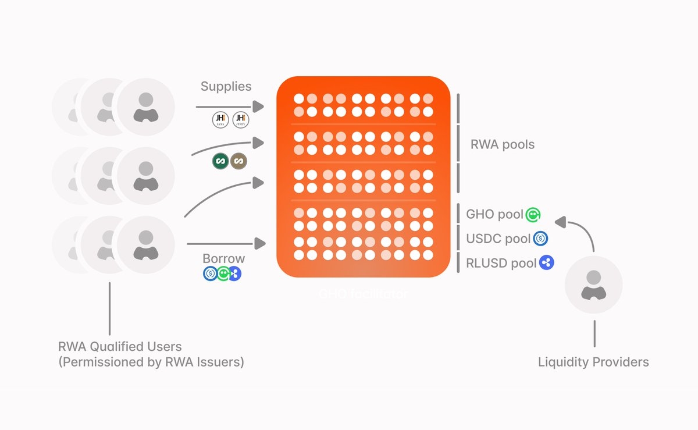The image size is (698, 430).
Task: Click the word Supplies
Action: (226, 87)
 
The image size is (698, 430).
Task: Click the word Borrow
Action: (223, 258)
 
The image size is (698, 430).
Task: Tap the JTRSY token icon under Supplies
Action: (240, 120)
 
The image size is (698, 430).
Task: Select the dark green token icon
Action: (220, 161)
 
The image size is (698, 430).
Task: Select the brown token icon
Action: (238, 161)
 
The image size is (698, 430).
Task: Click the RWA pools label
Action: (502, 144)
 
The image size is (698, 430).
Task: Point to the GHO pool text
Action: (494, 214)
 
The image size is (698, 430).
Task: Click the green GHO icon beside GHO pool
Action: (533, 215)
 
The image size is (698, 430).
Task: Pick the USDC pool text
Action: (498, 239)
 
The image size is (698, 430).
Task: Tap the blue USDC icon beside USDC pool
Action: (541, 238)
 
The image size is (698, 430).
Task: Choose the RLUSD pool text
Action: (501, 263)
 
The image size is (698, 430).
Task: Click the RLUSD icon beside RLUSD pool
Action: (546, 262)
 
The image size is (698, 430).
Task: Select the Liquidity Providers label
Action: (593, 362)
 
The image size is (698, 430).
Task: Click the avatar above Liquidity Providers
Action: (593, 285)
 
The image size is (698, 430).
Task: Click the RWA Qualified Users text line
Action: (120, 347)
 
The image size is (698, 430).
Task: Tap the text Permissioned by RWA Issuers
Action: (151, 362)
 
